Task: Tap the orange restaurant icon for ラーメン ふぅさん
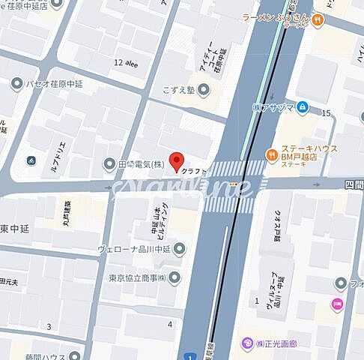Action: coord(319,20)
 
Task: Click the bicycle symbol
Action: coord(31,160)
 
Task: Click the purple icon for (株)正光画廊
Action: coord(246,344)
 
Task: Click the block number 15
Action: coord(325,113)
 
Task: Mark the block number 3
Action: coord(49,326)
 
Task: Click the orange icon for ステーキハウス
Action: coord(272,154)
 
